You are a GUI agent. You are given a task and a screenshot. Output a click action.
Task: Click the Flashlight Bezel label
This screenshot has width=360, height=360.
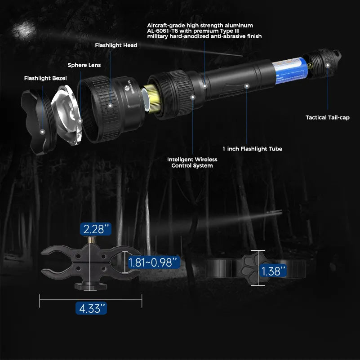tap(45, 78)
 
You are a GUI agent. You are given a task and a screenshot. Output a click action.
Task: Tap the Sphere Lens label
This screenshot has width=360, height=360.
tap(84, 65)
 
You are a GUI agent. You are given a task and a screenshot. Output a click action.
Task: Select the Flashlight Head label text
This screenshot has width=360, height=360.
tap(116, 45)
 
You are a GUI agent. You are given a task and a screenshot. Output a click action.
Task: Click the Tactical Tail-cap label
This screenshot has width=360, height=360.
tap(327, 117)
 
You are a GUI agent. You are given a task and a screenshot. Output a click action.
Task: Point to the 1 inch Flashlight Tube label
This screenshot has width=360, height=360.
tap(252, 149)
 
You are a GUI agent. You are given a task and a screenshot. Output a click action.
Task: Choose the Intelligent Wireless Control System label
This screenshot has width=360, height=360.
tap(192, 163)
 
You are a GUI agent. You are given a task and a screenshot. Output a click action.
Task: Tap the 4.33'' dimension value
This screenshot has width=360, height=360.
tap(92, 309)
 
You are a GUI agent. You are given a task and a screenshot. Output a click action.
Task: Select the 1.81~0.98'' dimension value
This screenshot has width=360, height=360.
tap(153, 262)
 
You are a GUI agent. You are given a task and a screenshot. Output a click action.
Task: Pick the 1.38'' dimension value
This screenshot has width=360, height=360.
tap(273, 271)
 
